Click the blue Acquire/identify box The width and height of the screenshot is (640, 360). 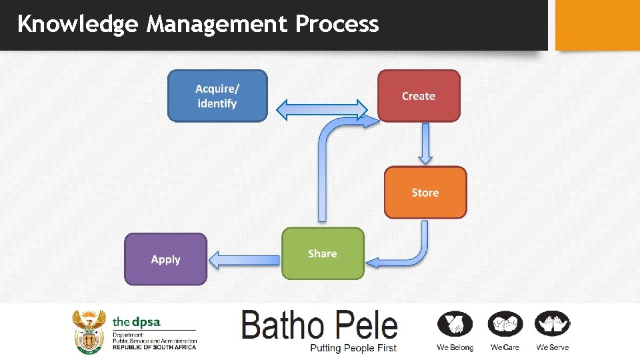click(217, 96)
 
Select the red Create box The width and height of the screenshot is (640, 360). click(419, 96)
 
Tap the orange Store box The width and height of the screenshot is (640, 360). click(425, 193)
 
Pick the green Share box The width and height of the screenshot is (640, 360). click(323, 253)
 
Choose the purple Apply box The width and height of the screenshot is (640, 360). click(166, 259)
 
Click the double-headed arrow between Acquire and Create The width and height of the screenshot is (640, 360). click(322, 109)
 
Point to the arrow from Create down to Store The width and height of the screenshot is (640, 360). click(425, 143)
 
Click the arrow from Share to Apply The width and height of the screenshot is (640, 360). click(244, 259)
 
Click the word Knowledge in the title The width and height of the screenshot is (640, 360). click(77, 24)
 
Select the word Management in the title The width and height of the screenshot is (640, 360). click(217, 24)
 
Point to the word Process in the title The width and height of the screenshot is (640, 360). click(337, 24)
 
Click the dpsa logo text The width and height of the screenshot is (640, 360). click(137, 322)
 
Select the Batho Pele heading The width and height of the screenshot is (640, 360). click(319, 325)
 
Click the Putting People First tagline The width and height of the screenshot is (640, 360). click(353, 347)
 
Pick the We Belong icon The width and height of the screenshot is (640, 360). click(455, 325)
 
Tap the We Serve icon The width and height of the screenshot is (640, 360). click(553, 325)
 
